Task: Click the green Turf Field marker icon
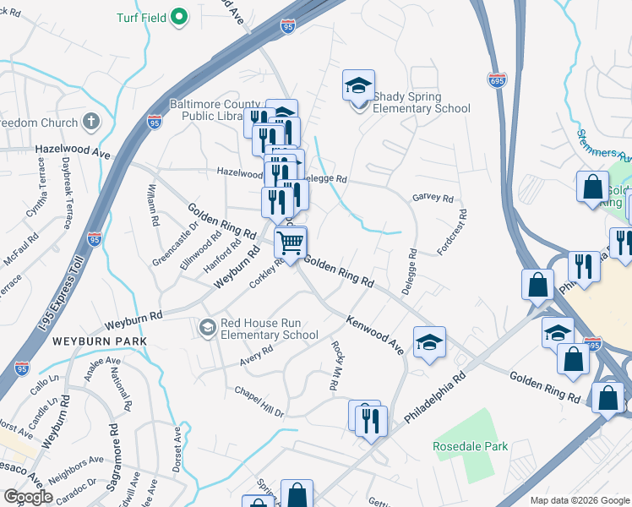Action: (179, 16)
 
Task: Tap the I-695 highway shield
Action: (497, 79)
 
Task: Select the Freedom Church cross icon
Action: (91, 123)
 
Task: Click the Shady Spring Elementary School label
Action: (422, 103)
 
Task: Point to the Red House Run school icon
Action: (208, 326)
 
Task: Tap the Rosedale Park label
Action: (471, 446)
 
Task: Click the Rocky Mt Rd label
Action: (335, 365)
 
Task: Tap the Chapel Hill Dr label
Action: (259, 402)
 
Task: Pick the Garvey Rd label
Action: (433, 199)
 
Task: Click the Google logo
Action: (28, 497)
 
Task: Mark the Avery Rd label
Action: (256, 357)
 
